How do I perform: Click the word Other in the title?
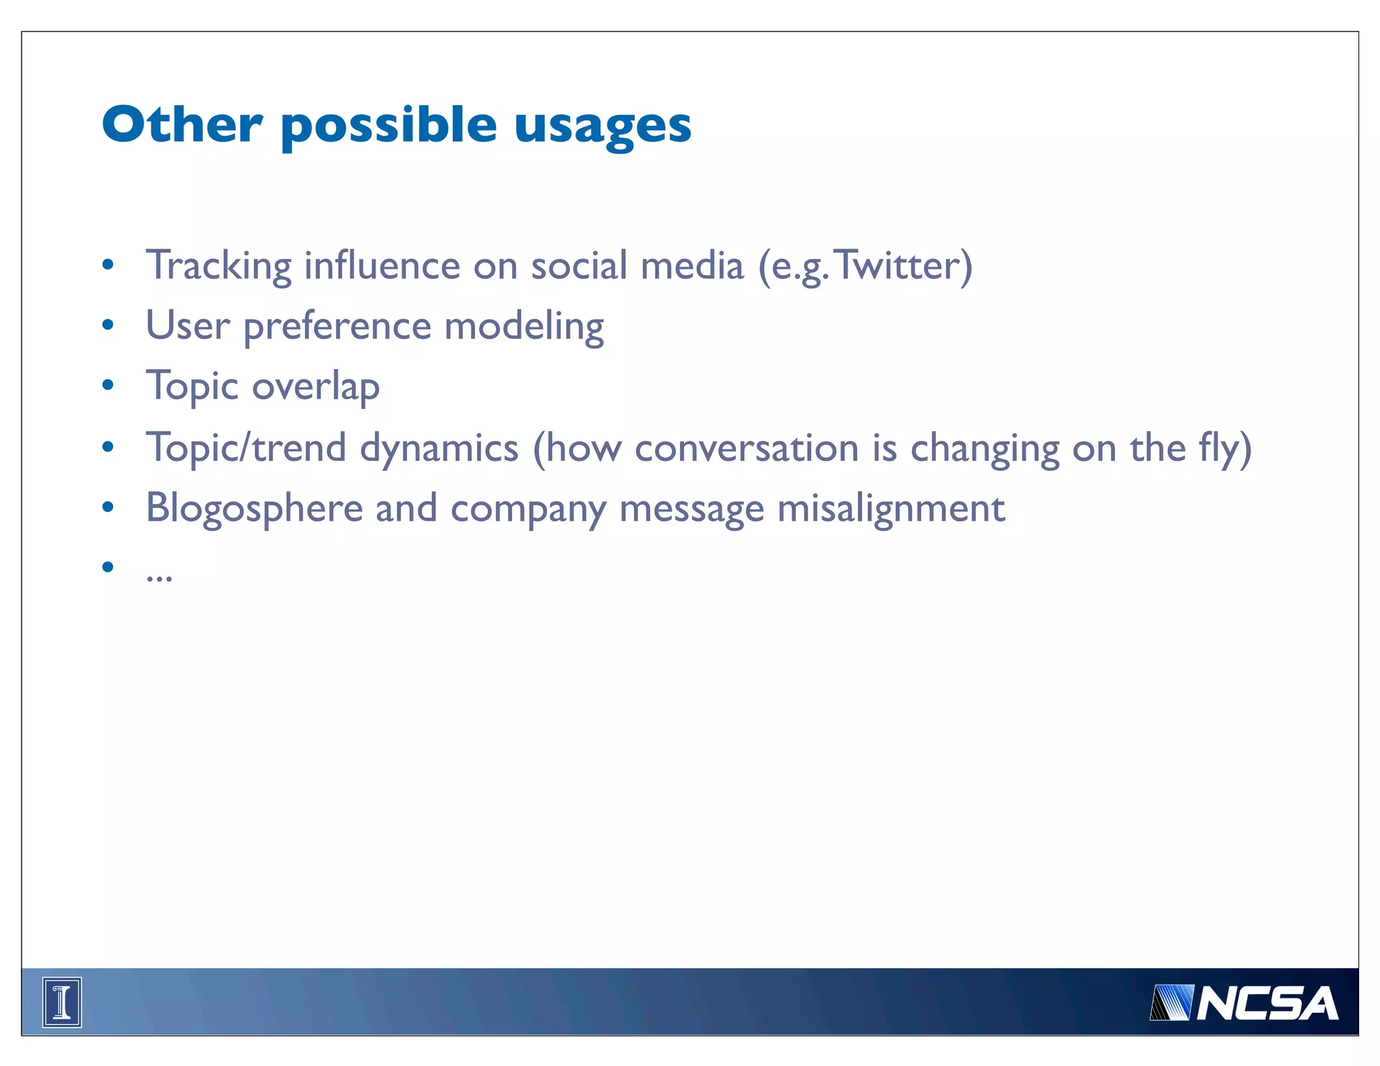(x=182, y=125)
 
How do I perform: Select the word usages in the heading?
(x=602, y=127)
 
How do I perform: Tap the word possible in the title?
(x=389, y=127)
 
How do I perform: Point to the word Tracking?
(x=218, y=265)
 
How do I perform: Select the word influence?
(x=381, y=265)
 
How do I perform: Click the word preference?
(x=337, y=327)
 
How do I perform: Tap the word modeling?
(x=524, y=327)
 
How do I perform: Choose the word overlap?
(x=315, y=387)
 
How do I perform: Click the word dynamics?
(x=439, y=448)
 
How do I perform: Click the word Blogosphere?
(x=255, y=509)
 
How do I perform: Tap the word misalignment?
(x=891, y=509)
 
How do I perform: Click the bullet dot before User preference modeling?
(x=108, y=325)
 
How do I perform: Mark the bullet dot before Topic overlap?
(x=108, y=386)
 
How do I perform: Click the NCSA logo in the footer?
(x=1244, y=1003)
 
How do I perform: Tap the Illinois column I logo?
(x=62, y=1002)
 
